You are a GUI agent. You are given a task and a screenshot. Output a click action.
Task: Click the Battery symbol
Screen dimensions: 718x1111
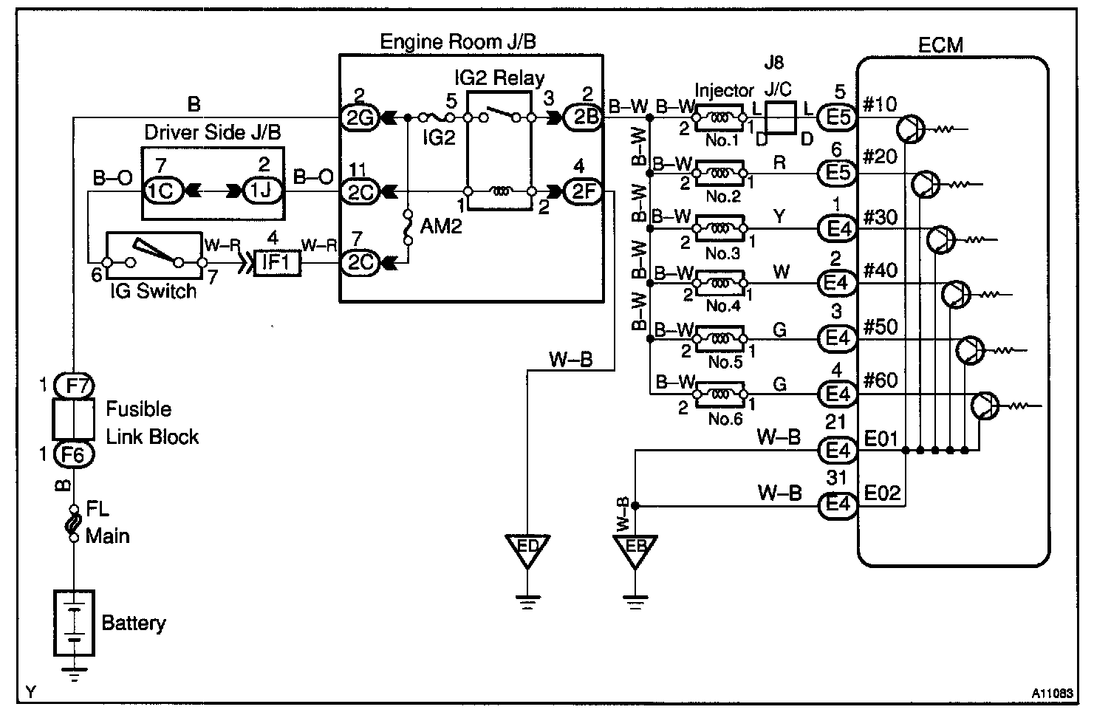click(74, 623)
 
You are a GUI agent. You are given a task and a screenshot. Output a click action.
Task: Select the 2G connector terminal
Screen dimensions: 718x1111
click(360, 117)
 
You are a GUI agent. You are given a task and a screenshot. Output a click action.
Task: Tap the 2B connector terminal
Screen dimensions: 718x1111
click(584, 117)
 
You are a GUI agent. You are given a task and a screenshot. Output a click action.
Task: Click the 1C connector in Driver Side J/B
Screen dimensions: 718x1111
click(160, 191)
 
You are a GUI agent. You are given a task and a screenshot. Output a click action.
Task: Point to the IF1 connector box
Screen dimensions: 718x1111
click(276, 263)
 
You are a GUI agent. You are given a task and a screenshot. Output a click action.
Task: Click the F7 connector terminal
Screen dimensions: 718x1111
click(74, 385)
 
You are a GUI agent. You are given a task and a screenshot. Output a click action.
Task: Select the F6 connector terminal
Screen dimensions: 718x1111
click(74, 455)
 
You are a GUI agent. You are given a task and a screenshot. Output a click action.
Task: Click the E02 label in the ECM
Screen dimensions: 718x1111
click(881, 493)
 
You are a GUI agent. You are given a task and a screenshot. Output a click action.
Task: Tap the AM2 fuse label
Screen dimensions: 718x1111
click(440, 226)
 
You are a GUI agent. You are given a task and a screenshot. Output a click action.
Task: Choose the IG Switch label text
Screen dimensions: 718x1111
click(154, 291)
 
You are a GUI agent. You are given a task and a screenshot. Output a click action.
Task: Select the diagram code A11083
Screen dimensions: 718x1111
click(1052, 694)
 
